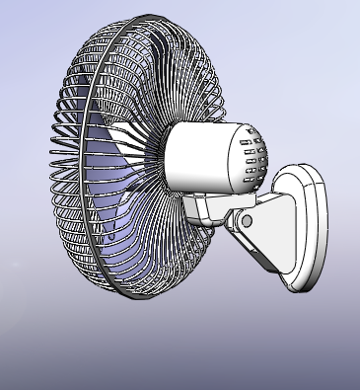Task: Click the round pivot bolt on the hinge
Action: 247,220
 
